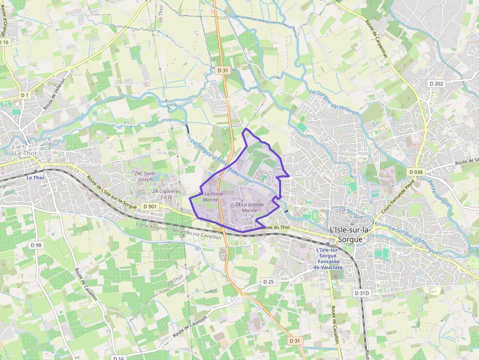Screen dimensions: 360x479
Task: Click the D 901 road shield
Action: [151, 207]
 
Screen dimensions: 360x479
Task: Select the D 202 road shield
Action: [436, 84]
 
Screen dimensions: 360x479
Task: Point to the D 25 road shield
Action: [269, 282]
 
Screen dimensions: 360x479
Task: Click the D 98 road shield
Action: [36, 245]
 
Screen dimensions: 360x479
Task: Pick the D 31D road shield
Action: [362, 293]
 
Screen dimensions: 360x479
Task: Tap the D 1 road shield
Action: [25, 94]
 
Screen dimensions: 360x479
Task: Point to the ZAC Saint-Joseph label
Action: [145, 176]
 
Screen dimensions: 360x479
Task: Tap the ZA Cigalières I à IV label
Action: [166, 194]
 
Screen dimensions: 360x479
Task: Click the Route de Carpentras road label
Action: [376, 39]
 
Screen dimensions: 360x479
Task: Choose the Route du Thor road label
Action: [275, 228]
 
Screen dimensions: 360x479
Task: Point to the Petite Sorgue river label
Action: [439, 192]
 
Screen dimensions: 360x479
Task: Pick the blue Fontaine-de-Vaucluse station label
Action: [328, 259]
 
